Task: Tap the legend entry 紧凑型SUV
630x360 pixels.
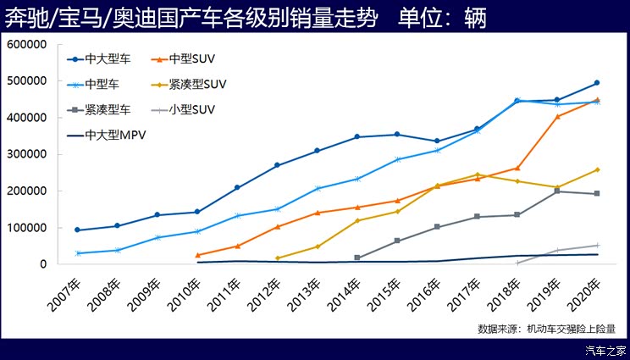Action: (197, 85)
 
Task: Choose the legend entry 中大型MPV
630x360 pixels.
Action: (116, 134)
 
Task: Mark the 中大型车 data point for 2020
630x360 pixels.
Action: (597, 83)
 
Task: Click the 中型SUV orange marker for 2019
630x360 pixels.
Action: (557, 116)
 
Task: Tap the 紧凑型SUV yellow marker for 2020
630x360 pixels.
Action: (597, 170)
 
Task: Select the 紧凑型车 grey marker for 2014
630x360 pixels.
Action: (357, 258)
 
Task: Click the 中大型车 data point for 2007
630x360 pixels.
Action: (77, 230)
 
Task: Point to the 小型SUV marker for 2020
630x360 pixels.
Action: (597, 246)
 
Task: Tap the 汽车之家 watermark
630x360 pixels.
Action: (607, 350)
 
